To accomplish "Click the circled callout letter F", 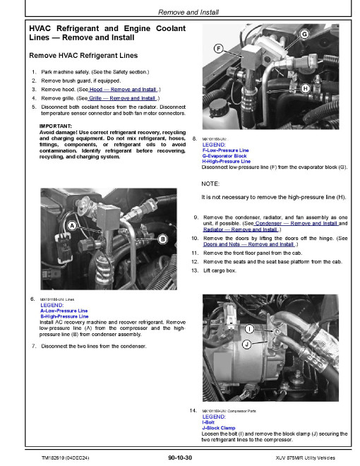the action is (x=219, y=49).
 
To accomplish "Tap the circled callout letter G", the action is (x=304, y=34).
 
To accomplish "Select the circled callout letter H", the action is (x=305, y=88).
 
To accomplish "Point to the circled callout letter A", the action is (x=72, y=226).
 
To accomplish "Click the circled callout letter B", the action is (x=162, y=239).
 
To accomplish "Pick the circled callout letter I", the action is (x=249, y=329).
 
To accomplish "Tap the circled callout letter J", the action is (x=247, y=345).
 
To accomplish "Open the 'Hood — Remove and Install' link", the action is (x=123, y=90).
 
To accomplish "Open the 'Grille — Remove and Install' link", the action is (x=122, y=98).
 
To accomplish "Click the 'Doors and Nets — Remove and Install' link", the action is (x=249, y=244).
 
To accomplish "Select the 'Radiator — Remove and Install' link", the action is (x=241, y=229).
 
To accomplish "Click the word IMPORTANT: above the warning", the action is (x=56, y=126).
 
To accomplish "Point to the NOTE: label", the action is (x=210, y=184).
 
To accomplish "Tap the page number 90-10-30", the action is (x=180, y=458).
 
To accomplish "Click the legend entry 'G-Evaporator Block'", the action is (x=224, y=156).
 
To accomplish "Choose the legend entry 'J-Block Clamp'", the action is (x=219, y=428).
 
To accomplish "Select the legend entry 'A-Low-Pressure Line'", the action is (x=64, y=311).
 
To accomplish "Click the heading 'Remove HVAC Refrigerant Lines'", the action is (x=83, y=56).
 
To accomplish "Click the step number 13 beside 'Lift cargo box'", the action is (x=195, y=270).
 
